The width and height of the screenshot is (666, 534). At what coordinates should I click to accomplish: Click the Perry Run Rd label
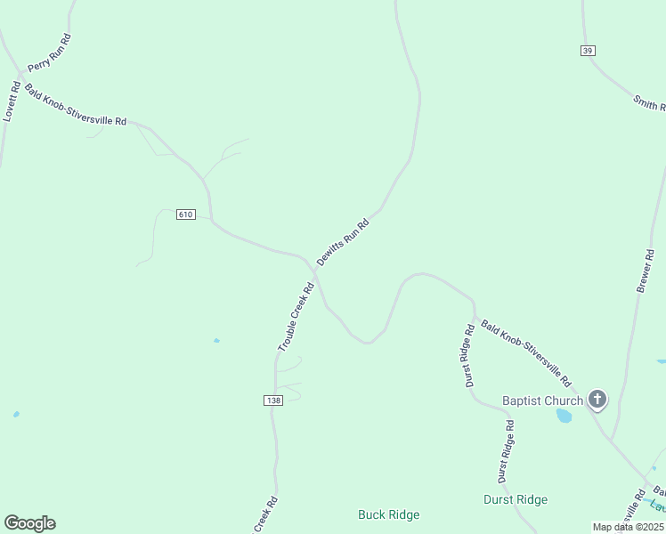(50, 53)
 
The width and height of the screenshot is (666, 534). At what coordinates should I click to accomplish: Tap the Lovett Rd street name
(11, 101)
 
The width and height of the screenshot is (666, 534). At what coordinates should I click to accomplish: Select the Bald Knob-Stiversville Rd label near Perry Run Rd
(76, 105)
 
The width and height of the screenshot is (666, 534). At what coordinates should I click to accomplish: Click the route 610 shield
(185, 214)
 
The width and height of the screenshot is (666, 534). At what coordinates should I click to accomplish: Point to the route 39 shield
(587, 51)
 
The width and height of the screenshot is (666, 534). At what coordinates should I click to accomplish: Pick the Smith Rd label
(650, 103)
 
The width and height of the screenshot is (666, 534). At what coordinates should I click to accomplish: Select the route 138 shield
(273, 401)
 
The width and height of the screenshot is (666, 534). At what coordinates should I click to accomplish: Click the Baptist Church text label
(542, 400)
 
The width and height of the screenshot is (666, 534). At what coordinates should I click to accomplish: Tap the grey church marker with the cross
(597, 400)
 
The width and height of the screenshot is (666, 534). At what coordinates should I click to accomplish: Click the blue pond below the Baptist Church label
(564, 416)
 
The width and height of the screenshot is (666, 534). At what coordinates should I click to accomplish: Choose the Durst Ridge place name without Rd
(516, 499)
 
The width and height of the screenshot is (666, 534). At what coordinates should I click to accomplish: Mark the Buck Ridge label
(388, 514)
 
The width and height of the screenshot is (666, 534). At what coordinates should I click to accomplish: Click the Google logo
(29, 522)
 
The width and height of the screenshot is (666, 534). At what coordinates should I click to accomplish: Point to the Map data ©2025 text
(628, 527)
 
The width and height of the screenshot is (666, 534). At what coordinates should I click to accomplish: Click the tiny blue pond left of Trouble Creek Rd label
(216, 341)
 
